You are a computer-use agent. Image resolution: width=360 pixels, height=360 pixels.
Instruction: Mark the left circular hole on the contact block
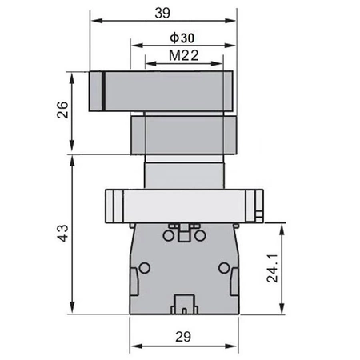pyautogui.click(x=146, y=267)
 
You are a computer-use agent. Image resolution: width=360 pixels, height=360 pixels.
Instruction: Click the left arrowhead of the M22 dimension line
pyautogui.click(x=147, y=63)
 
